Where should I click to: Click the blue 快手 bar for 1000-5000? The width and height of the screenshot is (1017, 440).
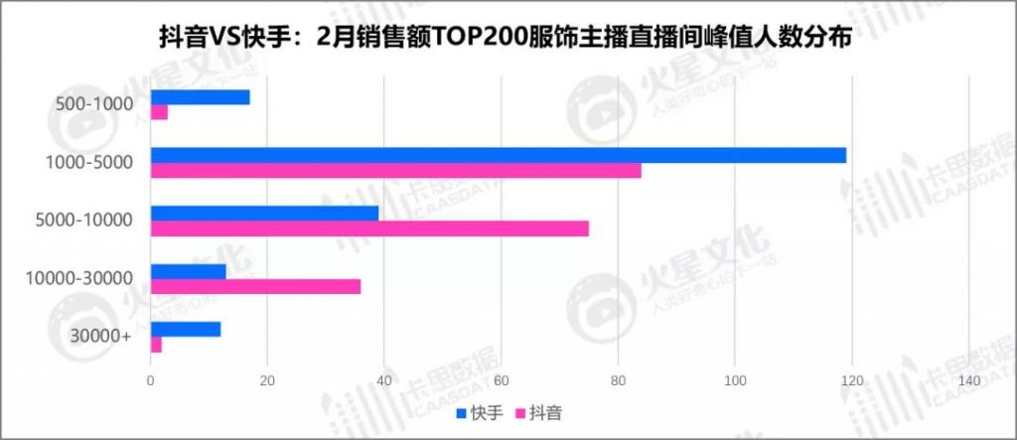(498, 155)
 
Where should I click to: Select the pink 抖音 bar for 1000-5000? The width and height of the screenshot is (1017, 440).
(395, 170)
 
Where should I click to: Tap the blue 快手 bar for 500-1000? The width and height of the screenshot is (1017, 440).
(200, 97)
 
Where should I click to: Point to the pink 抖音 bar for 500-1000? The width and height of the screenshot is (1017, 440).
(159, 112)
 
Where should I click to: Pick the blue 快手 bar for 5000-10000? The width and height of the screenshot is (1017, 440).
(264, 214)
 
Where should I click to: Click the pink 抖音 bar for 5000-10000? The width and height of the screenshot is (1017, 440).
(369, 228)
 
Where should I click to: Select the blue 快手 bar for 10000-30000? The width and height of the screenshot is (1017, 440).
(188, 271)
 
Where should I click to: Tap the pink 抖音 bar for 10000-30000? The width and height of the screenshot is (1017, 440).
(255, 286)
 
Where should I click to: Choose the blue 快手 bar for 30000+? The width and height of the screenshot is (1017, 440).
(185, 329)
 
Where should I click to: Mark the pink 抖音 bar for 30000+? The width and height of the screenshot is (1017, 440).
(156, 344)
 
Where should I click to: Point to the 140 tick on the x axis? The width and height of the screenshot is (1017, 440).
(968, 382)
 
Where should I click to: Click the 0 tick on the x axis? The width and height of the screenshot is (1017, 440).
(150, 382)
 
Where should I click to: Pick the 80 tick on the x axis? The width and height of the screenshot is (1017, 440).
(618, 382)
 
